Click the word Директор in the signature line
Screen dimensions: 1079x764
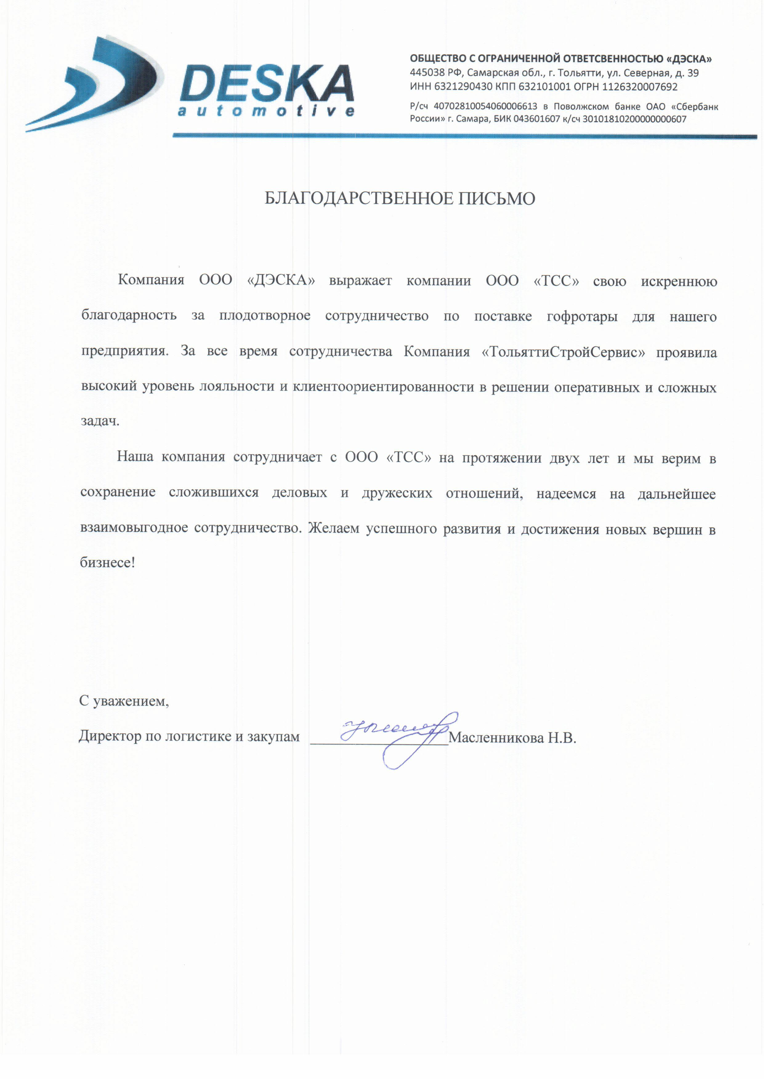click(x=110, y=736)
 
